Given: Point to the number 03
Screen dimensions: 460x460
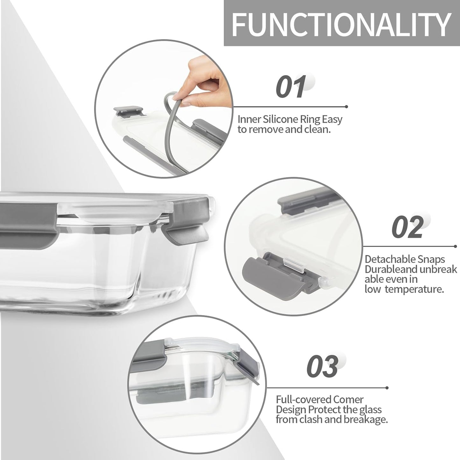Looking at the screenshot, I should pos(322,366).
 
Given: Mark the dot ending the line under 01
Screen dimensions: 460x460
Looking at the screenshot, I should pos(347,107).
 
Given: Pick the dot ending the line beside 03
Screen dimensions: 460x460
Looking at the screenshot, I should pos(387,388).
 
